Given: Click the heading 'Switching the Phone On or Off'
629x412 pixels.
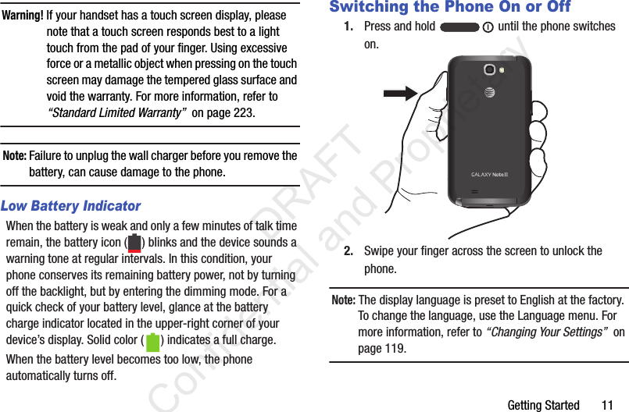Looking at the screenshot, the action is (449, 7).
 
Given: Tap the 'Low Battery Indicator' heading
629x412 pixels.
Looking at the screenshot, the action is (71, 206).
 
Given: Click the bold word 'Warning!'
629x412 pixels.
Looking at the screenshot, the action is (22, 16).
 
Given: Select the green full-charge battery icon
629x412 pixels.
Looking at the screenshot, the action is (152, 342).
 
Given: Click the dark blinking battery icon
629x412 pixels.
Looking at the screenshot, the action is (134, 243).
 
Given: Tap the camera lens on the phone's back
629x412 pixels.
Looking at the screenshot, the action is (490, 69).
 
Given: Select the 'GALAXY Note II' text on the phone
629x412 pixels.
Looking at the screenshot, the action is (490, 174).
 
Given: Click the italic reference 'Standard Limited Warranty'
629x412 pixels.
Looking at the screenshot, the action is (116, 113).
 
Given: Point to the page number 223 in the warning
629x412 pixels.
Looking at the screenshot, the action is (241, 113).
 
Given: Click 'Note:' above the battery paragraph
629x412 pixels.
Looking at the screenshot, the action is (15, 155).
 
